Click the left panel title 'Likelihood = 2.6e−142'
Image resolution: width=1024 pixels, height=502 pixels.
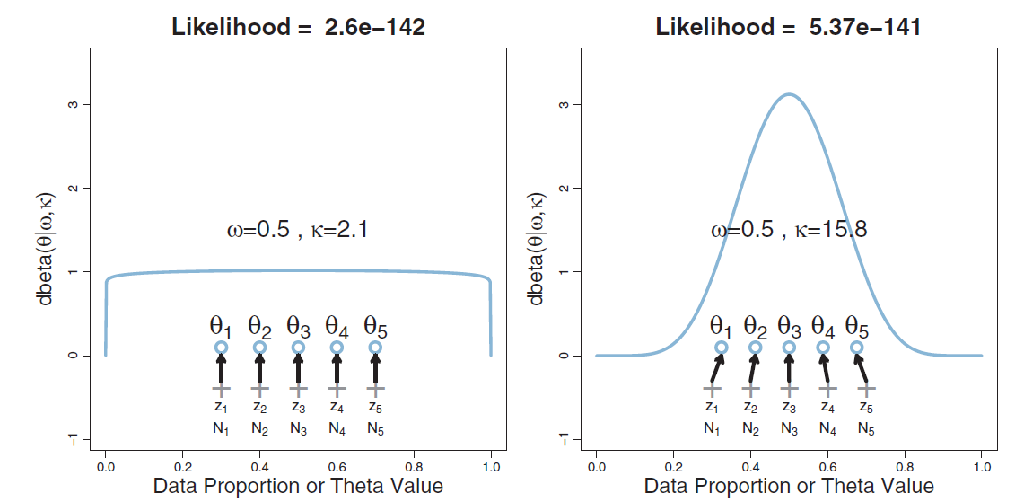pyautogui.click(x=298, y=27)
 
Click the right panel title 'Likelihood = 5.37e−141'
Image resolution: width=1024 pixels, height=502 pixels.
pyautogui.click(x=788, y=27)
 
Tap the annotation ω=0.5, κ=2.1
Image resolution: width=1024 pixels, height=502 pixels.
pyautogui.click(x=297, y=230)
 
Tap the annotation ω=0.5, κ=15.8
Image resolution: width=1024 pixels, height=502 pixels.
pyautogui.click(x=789, y=230)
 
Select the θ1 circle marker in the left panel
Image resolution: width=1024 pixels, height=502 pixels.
pyautogui.click(x=221, y=348)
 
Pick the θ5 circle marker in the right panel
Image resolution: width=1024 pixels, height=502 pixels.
pyautogui.click(x=856, y=348)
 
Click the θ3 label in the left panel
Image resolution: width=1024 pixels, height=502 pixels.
pyautogui.click(x=298, y=325)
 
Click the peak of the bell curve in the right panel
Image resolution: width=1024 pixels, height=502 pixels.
pyautogui.click(x=789, y=94)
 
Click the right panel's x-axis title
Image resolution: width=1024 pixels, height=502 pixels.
pyautogui.click(x=789, y=487)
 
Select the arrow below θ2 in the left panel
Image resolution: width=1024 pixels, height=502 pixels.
pyautogui.click(x=259, y=368)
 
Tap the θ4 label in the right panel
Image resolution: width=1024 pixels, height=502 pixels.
pyautogui.click(x=823, y=325)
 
